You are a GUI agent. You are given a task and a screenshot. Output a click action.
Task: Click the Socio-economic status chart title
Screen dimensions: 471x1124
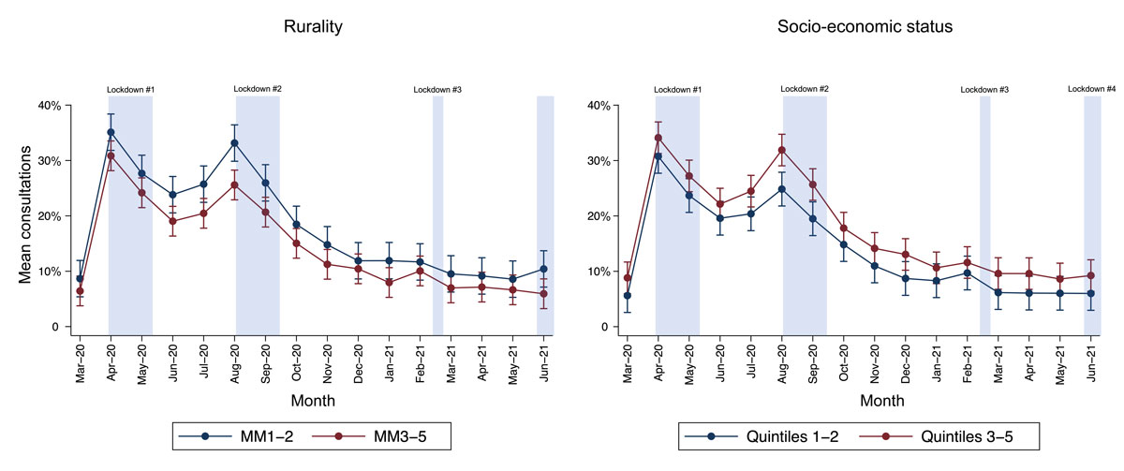(x=859, y=26)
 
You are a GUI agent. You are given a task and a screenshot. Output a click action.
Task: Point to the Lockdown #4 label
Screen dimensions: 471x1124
(x=1092, y=90)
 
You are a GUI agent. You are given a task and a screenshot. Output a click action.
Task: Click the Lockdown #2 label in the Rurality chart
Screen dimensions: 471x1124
(x=258, y=90)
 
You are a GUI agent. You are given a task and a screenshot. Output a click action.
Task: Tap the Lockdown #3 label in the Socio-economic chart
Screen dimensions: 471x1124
(x=984, y=90)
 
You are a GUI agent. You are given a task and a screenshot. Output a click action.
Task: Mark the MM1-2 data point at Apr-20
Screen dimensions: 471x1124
(x=111, y=133)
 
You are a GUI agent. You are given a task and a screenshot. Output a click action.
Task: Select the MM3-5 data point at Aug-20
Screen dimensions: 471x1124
(x=234, y=184)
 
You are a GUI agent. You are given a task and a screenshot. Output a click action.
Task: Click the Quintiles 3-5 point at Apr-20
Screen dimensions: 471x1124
(x=658, y=138)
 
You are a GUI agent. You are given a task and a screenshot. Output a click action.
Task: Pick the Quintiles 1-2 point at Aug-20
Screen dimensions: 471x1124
(x=781, y=189)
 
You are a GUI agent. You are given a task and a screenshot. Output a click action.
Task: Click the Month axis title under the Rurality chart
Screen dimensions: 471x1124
(x=311, y=400)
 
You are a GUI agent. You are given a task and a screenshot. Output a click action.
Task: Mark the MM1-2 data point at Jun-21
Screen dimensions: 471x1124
(x=543, y=269)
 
